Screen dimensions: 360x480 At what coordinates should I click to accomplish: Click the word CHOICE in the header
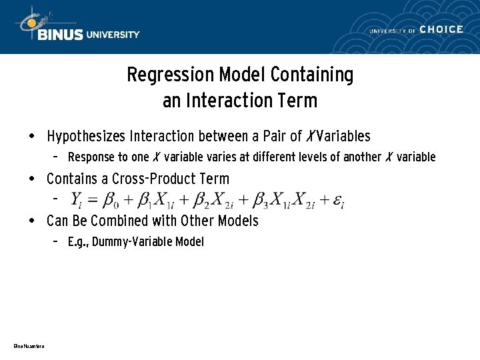click(441, 29)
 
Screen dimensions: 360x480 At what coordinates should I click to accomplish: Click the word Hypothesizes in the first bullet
click(87, 137)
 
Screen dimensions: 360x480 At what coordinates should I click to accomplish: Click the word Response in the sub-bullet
click(90, 157)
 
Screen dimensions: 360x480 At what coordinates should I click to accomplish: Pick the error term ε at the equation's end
click(338, 199)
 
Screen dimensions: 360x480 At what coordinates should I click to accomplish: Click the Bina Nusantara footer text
click(28, 345)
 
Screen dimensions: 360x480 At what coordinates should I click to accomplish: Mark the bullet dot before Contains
click(32, 179)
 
